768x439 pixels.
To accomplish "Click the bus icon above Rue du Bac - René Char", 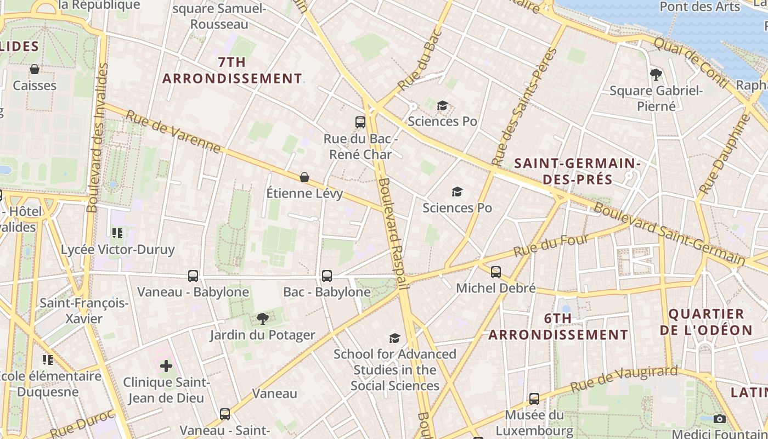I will click(x=360, y=122).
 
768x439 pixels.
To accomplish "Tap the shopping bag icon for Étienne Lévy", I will click(x=304, y=177).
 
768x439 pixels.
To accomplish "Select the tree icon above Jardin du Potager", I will click(x=263, y=319).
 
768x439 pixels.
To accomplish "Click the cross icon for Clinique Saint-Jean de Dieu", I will click(x=166, y=366).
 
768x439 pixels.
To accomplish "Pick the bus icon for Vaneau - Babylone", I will click(x=193, y=276).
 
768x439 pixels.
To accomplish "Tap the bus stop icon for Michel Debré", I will click(x=496, y=272).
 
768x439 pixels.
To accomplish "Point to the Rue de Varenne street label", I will click(x=173, y=132).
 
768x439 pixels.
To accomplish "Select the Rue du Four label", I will click(x=551, y=245).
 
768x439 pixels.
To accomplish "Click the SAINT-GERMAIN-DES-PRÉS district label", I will click(x=578, y=171).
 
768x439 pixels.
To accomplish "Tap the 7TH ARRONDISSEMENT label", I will click(x=232, y=70).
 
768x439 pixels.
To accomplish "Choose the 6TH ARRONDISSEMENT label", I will click(x=558, y=327).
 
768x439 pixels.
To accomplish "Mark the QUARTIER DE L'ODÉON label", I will click(x=705, y=322).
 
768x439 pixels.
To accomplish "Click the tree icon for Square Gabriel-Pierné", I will click(x=656, y=74).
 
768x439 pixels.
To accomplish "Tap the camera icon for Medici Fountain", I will click(x=720, y=419).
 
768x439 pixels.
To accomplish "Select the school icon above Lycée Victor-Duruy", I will click(x=117, y=233).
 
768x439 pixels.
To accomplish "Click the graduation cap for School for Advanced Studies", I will click(x=394, y=338).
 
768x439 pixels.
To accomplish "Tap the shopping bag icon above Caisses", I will click(x=35, y=69).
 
